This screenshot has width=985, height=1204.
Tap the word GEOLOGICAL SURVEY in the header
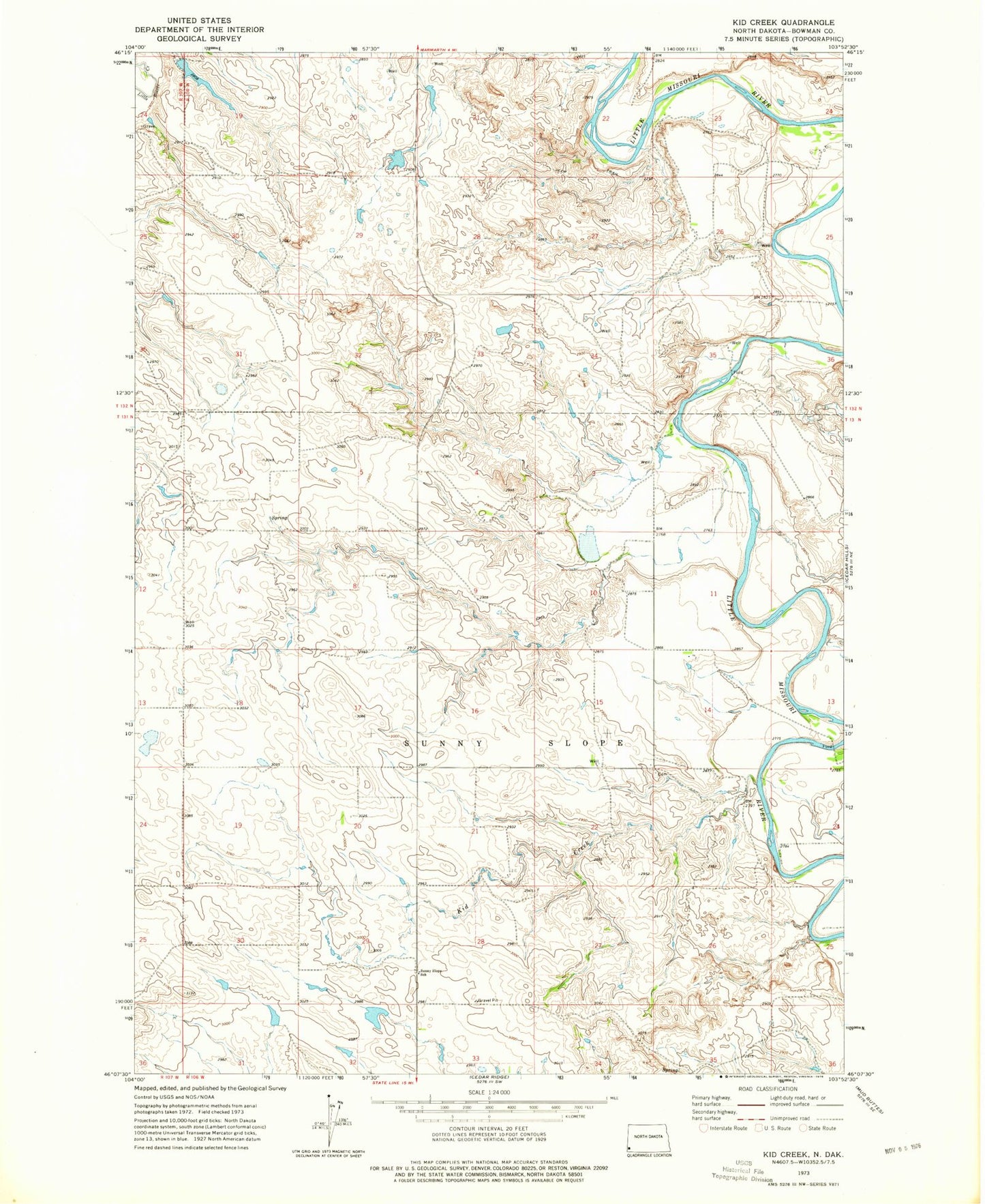click(199, 40)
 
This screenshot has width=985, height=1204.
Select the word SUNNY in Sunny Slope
click(444, 742)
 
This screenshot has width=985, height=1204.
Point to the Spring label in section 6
click(279, 518)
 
